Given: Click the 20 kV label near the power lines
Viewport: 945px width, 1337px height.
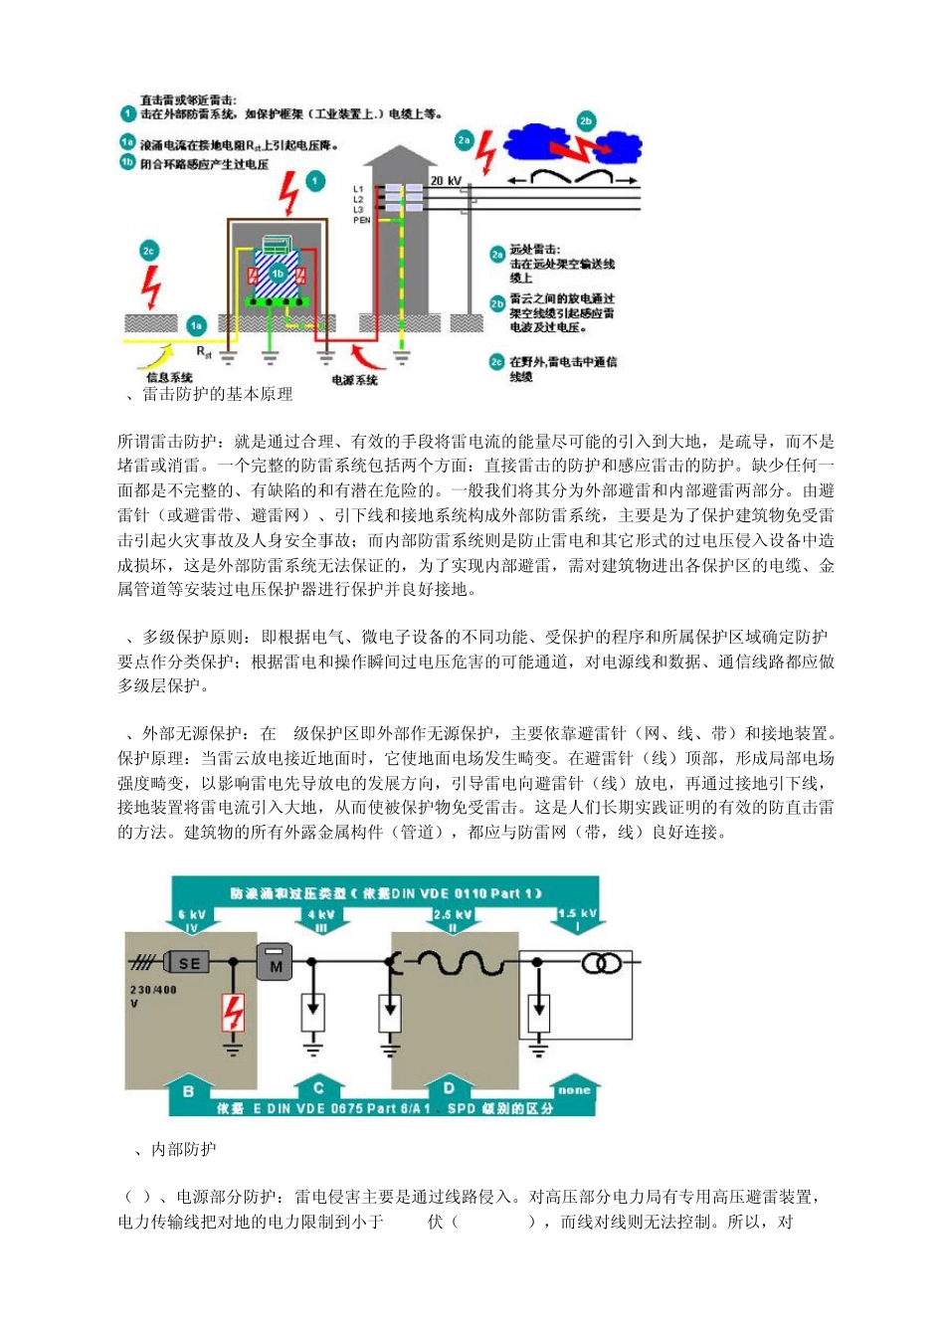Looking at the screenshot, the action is point(446,181).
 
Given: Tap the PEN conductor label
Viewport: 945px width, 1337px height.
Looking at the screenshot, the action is point(361,220).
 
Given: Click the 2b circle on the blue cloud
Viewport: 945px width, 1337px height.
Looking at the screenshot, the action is point(586,121).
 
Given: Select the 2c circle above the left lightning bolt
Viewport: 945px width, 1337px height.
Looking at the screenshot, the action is point(149,251).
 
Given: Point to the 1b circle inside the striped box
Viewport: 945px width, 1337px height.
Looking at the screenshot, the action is point(278,273).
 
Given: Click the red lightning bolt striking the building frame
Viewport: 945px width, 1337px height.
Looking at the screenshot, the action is point(288,193).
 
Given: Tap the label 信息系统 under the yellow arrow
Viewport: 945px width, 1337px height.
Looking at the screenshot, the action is point(169,377).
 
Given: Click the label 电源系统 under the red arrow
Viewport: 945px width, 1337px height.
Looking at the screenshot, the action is point(354,380).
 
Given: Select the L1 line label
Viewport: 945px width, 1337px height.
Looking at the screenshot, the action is point(358,189).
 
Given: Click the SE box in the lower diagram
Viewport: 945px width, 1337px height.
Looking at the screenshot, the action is point(188,962).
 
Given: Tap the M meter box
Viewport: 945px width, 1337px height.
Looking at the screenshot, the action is point(276,963).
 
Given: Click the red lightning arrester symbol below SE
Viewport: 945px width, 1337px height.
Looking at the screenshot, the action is point(233,1014).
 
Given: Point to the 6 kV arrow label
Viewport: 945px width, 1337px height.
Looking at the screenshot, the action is point(192,919).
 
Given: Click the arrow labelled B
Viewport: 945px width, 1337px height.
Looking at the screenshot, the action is point(188,1092).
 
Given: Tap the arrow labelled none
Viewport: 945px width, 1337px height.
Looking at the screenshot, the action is point(574,1090).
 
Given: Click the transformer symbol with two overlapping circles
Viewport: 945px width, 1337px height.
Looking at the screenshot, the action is point(602,962).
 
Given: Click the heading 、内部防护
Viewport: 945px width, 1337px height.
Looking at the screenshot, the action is point(175,1149).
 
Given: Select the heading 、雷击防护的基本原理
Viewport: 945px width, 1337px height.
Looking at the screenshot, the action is point(210,394).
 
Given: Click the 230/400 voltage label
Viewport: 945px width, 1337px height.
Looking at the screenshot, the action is point(153,990).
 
